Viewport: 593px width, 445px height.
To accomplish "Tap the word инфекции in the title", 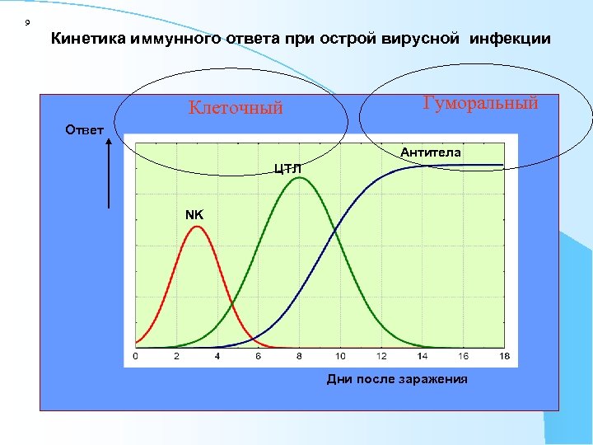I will (516, 38).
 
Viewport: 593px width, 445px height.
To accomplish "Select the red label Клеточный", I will (236, 107).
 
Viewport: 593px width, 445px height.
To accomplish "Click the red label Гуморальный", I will (480, 103).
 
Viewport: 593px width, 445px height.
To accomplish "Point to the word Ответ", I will (84, 129).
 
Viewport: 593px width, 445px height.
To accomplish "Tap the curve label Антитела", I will (431, 152).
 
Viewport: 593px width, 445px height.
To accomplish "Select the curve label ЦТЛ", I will (287, 169).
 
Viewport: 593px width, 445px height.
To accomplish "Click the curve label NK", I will (194, 214).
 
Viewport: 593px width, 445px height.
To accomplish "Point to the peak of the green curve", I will (300, 178).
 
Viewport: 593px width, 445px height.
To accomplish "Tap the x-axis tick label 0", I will (135, 356).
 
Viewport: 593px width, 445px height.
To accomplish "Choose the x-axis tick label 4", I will (217, 356).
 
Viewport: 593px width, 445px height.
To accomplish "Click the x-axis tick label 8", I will (299, 356).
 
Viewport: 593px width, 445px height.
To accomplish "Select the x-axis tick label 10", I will (340, 356).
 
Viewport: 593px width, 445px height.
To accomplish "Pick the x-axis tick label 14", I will (423, 356).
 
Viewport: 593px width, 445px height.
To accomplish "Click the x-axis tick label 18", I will (504, 356).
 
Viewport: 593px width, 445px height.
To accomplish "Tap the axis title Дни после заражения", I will (397, 379).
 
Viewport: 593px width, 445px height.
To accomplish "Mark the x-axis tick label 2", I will (176, 356).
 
